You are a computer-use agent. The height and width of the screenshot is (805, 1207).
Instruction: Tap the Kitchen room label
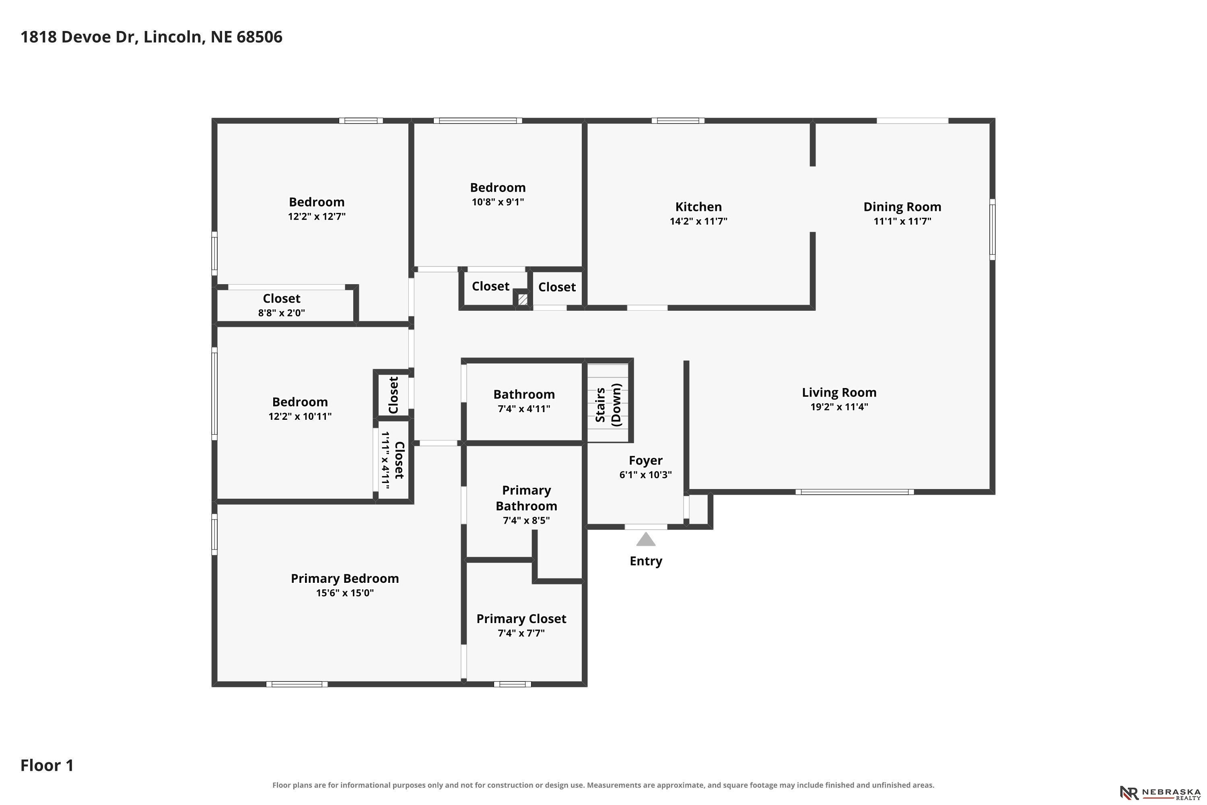point(698,207)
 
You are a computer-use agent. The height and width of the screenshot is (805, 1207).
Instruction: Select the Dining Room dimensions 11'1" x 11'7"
point(902,221)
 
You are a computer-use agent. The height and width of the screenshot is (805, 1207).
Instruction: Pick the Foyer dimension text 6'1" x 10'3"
point(646,475)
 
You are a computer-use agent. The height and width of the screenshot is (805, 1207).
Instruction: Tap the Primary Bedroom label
point(345,579)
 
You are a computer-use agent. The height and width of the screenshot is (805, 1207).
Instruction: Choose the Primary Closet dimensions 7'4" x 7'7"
point(521,634)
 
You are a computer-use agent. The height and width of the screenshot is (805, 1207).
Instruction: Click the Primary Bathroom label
point(527,498)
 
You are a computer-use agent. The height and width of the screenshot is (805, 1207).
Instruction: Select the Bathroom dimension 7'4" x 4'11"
point(524,409)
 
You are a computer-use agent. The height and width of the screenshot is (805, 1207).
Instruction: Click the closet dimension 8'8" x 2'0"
point(282,313)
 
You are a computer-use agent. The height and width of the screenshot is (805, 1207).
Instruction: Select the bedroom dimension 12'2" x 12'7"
point(317,217)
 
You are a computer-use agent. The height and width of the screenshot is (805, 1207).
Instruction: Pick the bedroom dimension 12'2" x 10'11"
point(300,416)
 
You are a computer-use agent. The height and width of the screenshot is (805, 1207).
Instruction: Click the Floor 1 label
point(47,766)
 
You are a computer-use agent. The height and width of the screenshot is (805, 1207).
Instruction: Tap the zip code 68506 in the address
point(259,37)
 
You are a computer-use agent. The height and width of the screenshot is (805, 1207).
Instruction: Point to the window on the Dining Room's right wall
point(993,229)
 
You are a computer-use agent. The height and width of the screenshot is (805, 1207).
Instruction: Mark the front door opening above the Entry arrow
point(646,527)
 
